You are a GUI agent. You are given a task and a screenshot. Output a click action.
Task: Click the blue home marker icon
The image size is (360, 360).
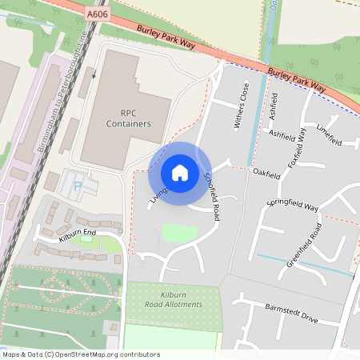pyautogui.click(x=180, y=172)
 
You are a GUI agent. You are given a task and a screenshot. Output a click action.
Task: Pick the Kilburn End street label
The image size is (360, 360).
pyautogui.click(x=77, y=235)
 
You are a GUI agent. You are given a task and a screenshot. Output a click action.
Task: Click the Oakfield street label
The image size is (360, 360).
pyautogui.click(x=266, y=173)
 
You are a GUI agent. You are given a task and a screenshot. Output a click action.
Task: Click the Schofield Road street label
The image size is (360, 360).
pyautogui.click(x=211, y=196)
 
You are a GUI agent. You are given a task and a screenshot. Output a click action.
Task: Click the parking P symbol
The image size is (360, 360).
pyautogui.click(x=78, y=185)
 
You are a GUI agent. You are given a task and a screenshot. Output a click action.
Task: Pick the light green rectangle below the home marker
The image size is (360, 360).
pyautogui.click(x=179, y=233)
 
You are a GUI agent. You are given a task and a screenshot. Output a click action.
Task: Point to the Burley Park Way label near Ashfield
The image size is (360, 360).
pyautogui.click(x=297, y=78)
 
